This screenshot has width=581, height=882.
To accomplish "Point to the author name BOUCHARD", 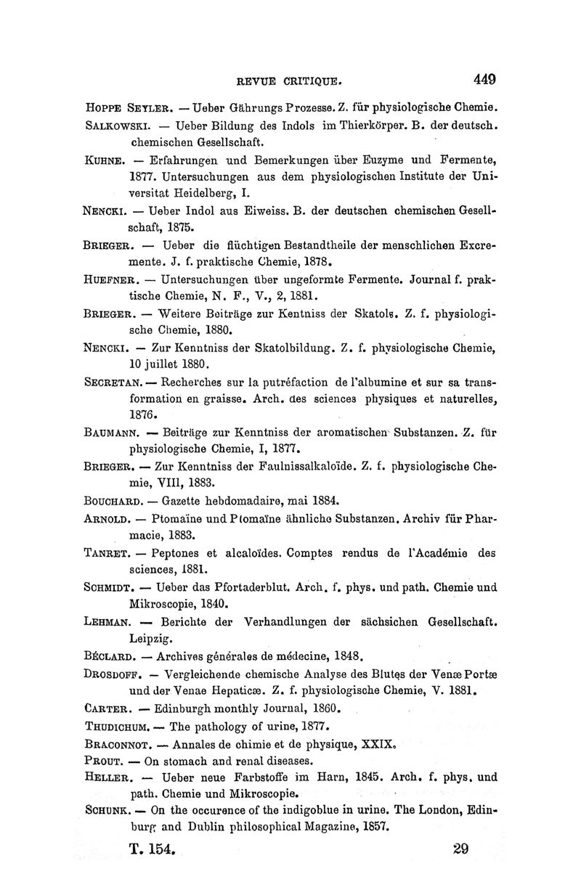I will pyautogui.click(x=113, y=501).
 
